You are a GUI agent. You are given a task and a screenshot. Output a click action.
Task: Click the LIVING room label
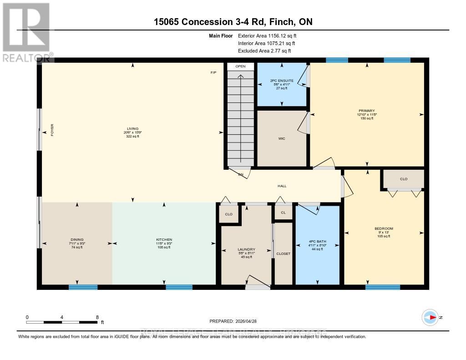(133, 129)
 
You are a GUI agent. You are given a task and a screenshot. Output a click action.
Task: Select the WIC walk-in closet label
(282, 139)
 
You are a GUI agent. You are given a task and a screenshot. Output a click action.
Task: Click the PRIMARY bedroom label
(366, 111)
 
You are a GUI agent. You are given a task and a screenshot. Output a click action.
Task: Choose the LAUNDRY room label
(246, 249)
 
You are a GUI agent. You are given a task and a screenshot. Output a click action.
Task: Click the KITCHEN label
(164, 239)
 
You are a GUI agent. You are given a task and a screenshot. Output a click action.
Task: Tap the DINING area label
(77, 239)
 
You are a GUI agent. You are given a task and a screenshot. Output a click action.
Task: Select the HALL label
(282, 186)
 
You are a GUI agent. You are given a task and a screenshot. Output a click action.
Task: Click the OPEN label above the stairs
(240, 66)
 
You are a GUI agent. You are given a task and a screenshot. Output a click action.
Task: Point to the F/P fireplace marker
(213, 73)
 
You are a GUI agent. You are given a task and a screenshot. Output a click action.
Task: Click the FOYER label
(52, 131)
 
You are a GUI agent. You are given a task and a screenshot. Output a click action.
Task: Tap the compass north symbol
(430, 317)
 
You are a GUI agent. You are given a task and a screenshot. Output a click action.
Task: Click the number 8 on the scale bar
(97, 317)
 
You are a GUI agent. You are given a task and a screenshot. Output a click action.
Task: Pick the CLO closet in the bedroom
(403, 179)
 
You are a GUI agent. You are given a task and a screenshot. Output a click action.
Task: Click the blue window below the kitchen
(179, 287)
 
